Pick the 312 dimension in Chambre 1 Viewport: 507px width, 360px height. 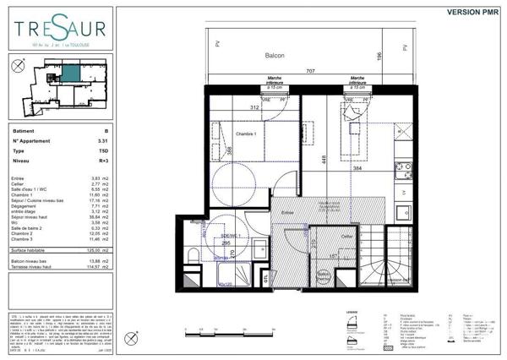(x=253, y=107)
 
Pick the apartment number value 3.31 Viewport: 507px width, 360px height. (x=104, y=141)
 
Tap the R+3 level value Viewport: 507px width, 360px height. (x=104, y=159)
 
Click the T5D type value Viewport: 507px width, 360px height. (x=104, y=150)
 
